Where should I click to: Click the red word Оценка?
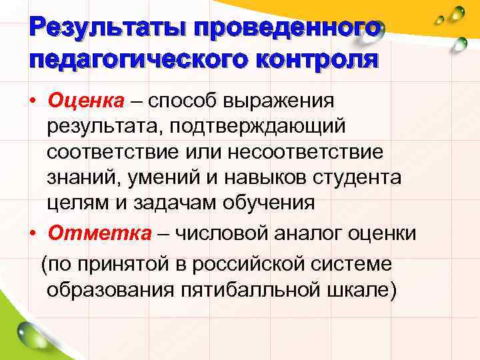[x=86, y=101]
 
